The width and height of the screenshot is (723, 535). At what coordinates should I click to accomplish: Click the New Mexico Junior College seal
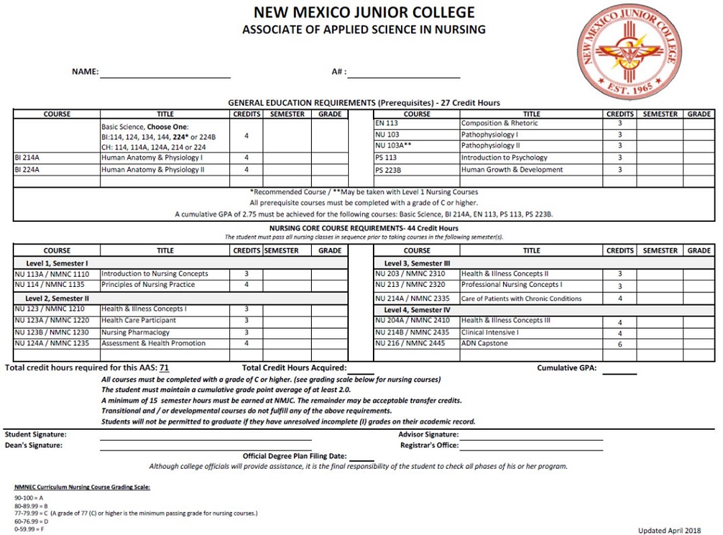(630, 52)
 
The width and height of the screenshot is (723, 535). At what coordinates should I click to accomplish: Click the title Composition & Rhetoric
(499, 123)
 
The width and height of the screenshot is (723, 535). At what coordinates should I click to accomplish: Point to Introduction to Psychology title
(504, 158)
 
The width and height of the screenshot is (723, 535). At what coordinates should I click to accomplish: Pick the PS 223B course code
(388, 170)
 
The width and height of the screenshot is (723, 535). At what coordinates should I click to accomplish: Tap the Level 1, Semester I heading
(57, 263)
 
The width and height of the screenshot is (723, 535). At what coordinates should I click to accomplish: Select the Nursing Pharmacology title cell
(135, 333)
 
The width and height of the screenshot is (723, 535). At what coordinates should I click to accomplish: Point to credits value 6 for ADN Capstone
(619, 345)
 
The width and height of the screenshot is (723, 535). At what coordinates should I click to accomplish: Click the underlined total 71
(164, 367)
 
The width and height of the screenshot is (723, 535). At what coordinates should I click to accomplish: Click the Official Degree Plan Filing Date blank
(361, 457)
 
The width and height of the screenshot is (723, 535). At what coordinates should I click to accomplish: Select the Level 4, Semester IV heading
(416, 310)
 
